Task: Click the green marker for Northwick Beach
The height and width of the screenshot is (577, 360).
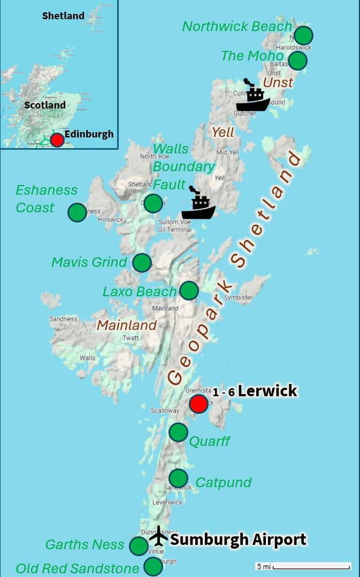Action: pos(303,35)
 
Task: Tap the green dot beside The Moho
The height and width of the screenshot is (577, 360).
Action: pos(297,60)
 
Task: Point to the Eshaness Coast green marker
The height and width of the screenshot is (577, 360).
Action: pos(77,212)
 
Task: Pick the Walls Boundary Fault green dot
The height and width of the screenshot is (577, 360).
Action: pos(153,203)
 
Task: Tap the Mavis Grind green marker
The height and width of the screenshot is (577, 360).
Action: pos(142,263)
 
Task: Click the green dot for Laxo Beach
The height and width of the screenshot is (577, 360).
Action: pos(189,290)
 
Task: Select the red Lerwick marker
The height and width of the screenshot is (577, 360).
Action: pos(198,404)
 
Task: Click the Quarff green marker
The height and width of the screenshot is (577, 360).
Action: pos(178,432)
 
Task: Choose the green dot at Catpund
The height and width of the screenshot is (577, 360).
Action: pos(178,478)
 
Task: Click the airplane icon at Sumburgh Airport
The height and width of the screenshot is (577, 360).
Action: pos(158,535)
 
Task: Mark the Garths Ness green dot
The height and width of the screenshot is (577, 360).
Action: pos(139,546)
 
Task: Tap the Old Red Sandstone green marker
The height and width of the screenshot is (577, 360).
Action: pos(153,566)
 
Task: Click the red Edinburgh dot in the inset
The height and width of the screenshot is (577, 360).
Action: pos(57,140)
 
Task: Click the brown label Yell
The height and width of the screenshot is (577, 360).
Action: pos(223,132)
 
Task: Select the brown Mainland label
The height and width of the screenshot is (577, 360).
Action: pos(127,325)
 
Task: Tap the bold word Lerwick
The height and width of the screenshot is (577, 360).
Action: pos(267,391)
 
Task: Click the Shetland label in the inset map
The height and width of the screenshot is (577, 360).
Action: pos(63,16)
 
